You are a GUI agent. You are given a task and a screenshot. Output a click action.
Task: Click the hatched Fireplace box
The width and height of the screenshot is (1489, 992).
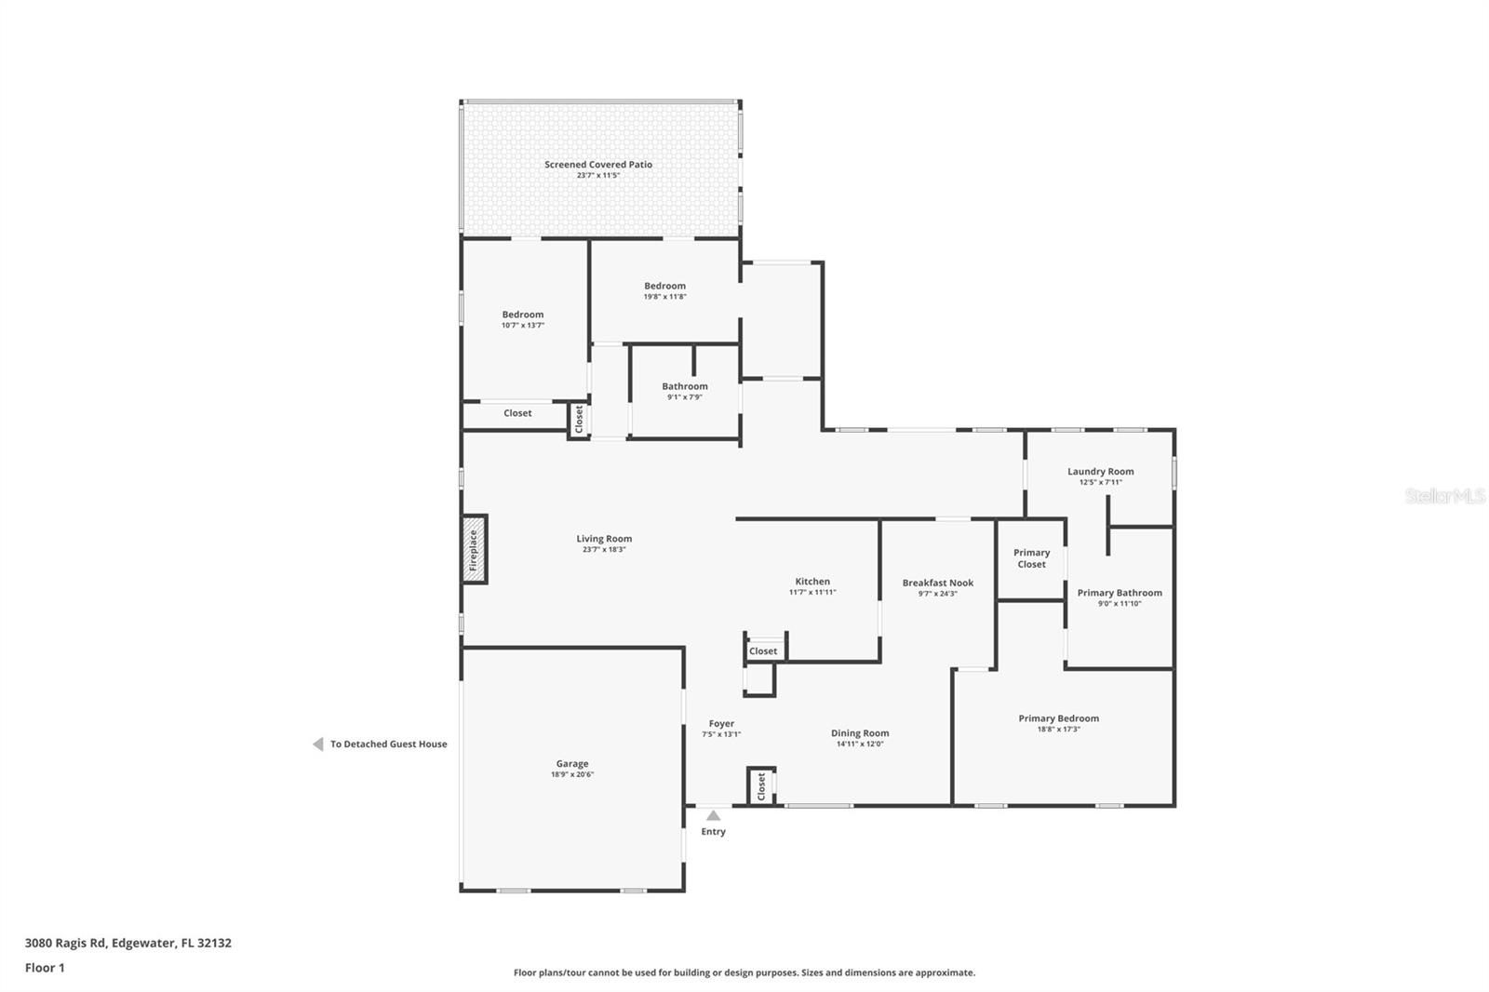[475, 549]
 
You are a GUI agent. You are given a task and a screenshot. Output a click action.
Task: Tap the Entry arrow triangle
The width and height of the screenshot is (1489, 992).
[713, 816]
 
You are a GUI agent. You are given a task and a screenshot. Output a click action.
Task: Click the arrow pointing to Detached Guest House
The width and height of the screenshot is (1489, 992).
[318, 744]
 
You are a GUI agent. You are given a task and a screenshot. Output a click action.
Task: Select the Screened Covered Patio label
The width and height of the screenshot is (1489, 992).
[598, 165]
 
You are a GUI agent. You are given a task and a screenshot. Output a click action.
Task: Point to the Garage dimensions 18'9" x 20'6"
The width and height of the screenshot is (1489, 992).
[572, 774]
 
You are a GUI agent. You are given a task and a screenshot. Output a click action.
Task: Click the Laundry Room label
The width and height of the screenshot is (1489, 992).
[1100, 472]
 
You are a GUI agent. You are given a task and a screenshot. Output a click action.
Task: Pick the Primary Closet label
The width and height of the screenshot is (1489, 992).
[1031, 558]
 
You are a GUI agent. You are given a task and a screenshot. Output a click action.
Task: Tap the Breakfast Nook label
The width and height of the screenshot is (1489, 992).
[937, 583]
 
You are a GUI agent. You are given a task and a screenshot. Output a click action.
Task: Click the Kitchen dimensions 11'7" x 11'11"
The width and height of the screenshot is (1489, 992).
[812, 592]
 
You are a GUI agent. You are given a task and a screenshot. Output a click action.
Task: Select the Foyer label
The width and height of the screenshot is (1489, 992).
[721, 723]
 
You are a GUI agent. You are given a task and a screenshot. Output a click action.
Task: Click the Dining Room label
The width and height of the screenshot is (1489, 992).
[860, 733]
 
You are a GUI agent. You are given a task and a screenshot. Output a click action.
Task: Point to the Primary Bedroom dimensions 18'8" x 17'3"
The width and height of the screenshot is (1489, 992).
[1058, 730]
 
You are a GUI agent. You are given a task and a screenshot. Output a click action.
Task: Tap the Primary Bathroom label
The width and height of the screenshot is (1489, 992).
[1120, 593]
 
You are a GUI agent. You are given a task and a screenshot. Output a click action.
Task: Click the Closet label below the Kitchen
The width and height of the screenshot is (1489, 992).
[763, 651]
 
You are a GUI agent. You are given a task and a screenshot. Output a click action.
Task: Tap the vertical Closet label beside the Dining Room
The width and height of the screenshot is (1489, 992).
[761, 786]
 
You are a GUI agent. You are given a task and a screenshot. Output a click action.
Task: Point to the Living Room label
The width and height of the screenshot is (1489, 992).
[604, 539]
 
